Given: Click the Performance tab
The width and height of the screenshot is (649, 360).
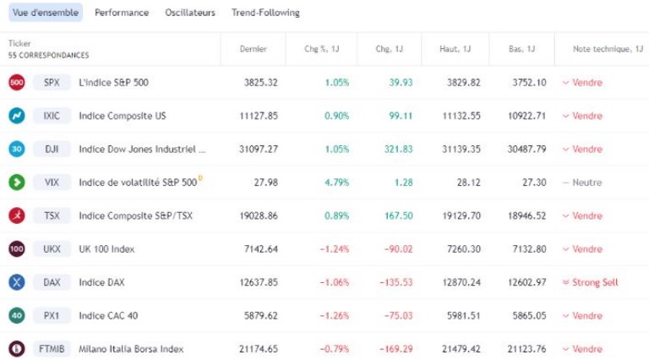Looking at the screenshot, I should tap(122, 13).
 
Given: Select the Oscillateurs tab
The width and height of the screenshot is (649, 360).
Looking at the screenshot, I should tap(190, 13).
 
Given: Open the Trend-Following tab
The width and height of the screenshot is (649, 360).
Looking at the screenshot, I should tap(266, 13).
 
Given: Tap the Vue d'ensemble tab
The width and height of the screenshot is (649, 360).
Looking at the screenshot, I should tap(46, 13).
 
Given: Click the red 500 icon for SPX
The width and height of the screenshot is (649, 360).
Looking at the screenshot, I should tap(16, 83).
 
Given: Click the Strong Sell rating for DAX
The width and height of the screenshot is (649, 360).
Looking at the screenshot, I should tap(595, 282).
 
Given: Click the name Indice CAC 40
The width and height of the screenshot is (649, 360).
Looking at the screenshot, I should tap(107, 315).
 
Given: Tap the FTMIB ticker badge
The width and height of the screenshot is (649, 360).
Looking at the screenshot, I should tap(52, 348).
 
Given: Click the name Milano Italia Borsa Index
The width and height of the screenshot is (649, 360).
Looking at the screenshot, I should tap(130, 348).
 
